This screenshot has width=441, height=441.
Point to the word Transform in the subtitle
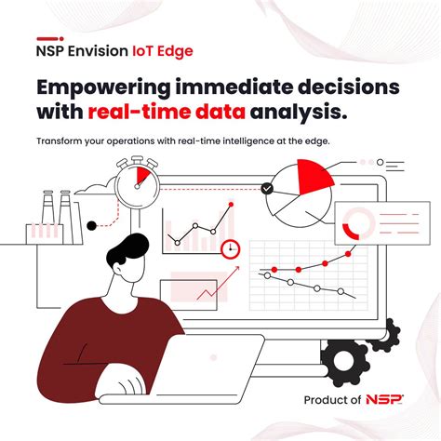click(62, 142)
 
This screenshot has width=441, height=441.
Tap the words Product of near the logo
click(329, 400)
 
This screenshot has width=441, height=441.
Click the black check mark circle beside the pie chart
click(268, 188)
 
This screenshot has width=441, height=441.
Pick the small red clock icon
click(232, 248)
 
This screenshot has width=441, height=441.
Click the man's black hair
click(126, 250)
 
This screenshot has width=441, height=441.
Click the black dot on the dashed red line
click(91, 225)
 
